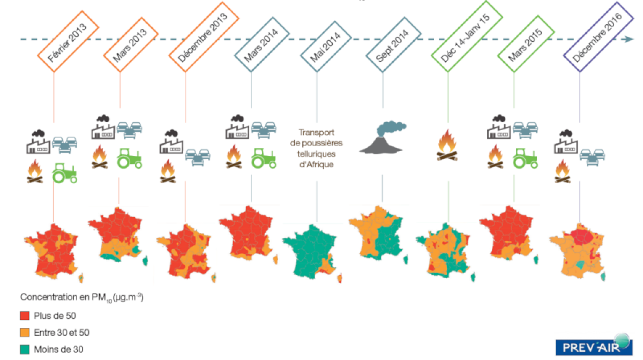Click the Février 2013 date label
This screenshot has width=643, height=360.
tap(69, 41)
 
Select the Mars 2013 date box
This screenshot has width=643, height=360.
tap(131, 44)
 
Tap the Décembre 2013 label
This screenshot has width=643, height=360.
tap(204, 37)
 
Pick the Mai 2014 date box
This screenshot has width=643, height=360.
tap(326, 46)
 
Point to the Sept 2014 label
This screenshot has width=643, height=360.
tap(393, 44)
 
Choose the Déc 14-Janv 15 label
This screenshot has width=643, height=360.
tap(467, 36)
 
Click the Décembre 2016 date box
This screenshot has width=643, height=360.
tap(598, 37)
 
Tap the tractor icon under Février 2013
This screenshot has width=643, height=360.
tap(65, 173)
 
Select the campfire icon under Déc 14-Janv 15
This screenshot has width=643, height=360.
tap(447, 145)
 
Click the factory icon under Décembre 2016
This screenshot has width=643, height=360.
tap(566, 141)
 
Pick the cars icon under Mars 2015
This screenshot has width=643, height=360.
tap(525, 130)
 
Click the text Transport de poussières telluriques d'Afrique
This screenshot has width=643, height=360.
tap(316, 148)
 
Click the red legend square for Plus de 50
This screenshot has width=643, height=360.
tap(25, 316)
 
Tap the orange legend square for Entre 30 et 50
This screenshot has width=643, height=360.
tap(25, 333)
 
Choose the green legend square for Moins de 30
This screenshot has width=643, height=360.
tap(25, 349)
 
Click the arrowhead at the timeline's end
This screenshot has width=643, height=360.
tap(630, 39)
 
